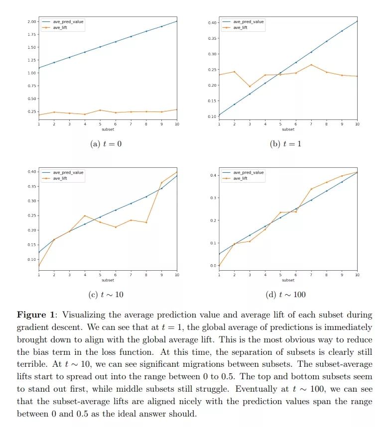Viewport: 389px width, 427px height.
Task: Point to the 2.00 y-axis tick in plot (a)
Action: (31, 21)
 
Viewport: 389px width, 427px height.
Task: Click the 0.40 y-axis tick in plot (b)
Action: (212, 23)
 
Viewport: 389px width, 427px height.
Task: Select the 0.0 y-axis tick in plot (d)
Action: (213, 266)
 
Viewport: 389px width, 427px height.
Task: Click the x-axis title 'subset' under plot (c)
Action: (108, 280)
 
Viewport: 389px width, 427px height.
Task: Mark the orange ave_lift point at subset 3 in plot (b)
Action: (250, 86)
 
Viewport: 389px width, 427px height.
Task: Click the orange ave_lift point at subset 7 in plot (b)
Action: (311, 65)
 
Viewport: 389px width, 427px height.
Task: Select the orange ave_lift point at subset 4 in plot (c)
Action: (85, 215)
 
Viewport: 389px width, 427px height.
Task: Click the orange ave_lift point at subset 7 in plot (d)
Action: (311, 189)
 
